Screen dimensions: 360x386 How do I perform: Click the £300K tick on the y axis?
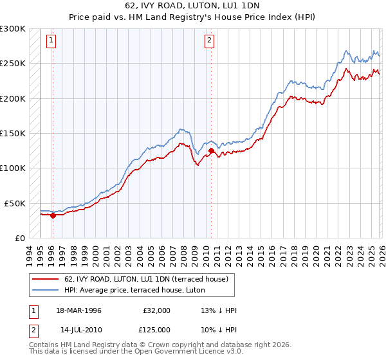(x=13, y=29)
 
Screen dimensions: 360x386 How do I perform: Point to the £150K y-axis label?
(x=13, y=134)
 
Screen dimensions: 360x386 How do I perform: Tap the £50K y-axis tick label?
(x=15, y=203)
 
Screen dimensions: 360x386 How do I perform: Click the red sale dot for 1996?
(x=53, y=215)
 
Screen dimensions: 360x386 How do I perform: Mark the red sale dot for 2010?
(x=211, y=151)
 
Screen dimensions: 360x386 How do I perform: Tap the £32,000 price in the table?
(x=156, y=310)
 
